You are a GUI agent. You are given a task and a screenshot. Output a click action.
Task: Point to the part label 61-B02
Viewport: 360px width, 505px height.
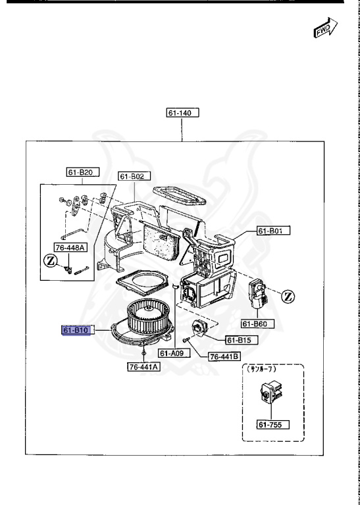pos(135,176)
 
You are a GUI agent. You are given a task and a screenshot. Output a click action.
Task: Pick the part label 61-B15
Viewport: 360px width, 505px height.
pos(242,340)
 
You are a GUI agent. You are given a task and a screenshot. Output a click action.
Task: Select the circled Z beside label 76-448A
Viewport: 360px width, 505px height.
pos(50,261)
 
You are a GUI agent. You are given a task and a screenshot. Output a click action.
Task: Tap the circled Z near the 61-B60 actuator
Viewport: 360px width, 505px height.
pos(288,297)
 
